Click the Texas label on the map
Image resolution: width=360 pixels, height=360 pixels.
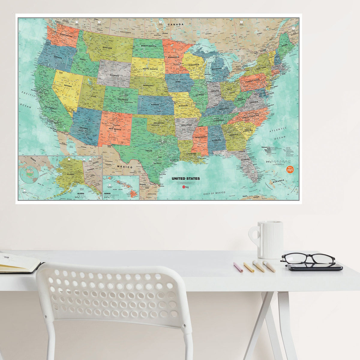pos(149,151)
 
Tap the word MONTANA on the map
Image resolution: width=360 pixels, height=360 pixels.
pos(107,48)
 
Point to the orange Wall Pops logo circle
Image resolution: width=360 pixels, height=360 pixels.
pos(290,169)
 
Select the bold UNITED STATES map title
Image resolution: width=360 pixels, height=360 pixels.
pos(186,178)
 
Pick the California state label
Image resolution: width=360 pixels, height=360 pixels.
pos(50,108)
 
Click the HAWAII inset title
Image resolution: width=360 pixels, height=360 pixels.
pos(107,194)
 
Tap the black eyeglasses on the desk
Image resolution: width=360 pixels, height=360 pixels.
pos(308,259)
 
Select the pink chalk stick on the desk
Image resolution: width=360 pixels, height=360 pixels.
pos(238,267)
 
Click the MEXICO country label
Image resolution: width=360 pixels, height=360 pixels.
pos(125,167)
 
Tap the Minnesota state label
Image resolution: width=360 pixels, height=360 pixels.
pos(173,57)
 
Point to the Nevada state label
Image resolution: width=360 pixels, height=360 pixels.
pos(68,86)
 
